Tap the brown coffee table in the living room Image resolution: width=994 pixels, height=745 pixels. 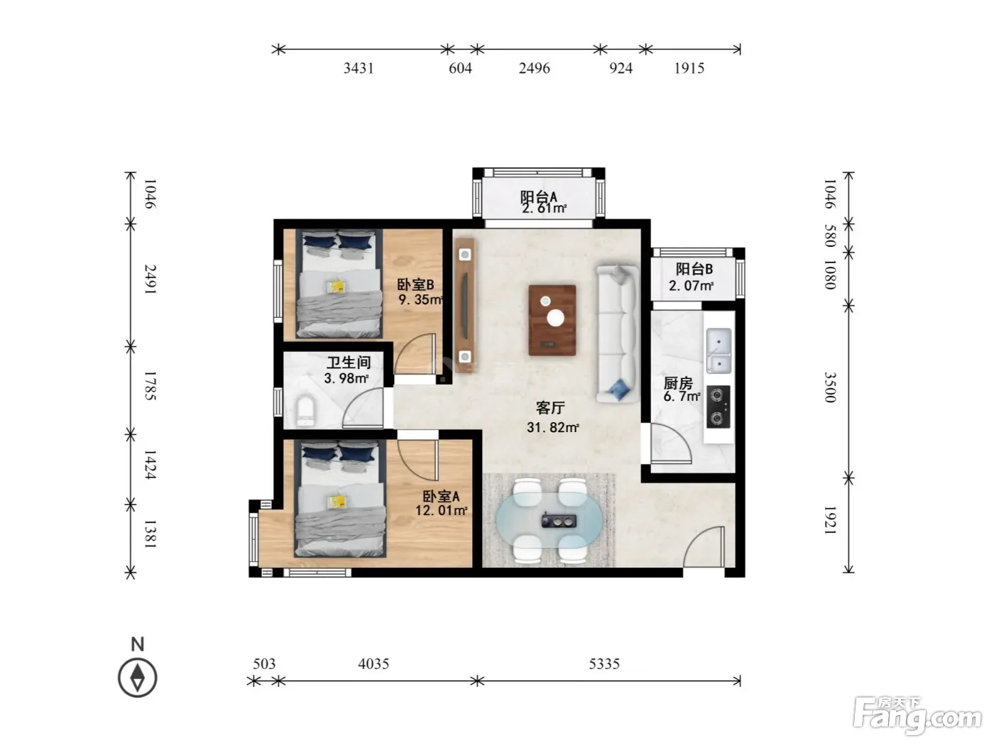click(552, 320)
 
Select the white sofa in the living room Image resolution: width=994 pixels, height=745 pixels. click(617, 333)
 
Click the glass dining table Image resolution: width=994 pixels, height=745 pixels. click(550, 520)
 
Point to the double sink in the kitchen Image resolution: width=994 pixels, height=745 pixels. click(719, 351)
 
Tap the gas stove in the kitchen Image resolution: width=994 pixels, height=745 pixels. click(719, 406)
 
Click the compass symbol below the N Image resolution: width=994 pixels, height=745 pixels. click(137, 678)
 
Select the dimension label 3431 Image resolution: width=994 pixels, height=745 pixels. click(359, 68)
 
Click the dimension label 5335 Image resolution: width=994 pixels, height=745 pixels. click(603, 664)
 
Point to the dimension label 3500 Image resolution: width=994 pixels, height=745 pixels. click(829, 387)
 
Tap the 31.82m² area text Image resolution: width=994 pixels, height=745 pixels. click(553, 427)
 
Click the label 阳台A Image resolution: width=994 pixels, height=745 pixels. click(538, 197)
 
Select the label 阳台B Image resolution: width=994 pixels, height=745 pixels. click(694, 269)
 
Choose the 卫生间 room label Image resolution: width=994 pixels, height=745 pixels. click(349, 362)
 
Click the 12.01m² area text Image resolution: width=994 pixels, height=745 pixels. click(442, 511)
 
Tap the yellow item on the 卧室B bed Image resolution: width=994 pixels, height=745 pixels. click(336, 287)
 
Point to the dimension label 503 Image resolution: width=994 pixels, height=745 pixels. click(264, 664)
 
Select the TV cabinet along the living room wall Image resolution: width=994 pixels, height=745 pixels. click(464, 306)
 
